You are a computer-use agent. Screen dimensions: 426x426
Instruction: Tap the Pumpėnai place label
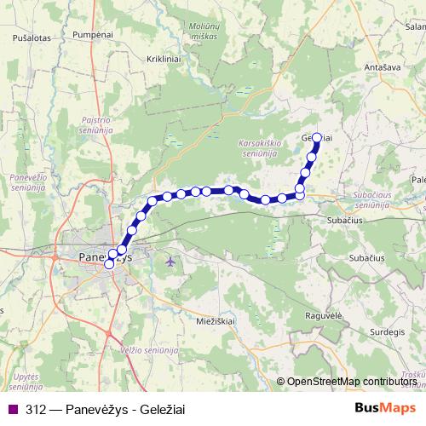click(x=94, y=34)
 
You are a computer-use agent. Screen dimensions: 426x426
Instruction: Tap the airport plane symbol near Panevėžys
click(x=170, y=260)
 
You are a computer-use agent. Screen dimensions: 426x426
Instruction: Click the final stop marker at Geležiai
click(x=317, y=137)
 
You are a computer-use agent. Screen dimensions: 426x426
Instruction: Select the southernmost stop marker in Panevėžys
click(x=108, y=264)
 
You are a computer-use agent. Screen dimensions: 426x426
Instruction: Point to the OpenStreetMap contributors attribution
click(x=352, y=383)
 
